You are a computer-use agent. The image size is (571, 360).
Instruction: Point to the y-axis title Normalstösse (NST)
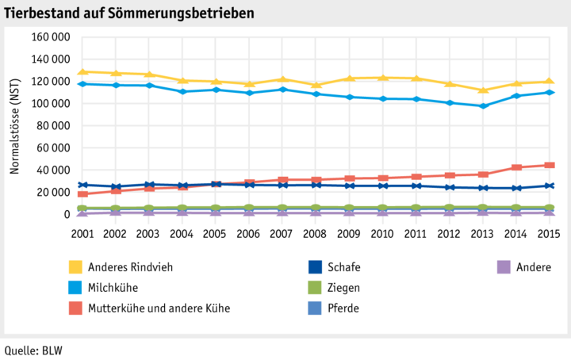click(14, 126)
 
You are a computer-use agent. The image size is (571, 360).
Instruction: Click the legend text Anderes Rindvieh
click(131, 267)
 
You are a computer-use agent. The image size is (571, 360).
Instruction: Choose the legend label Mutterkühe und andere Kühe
click(159, 308)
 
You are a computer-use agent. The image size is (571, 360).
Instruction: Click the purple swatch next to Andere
click(502, 267)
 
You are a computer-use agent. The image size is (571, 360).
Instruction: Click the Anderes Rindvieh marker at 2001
click(82, 72)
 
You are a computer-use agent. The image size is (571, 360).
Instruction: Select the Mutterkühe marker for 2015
click(549, 165)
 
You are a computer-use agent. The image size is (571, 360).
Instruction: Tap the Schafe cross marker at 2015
click(549, 186)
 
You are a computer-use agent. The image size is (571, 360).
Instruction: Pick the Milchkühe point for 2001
click(82, 83)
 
